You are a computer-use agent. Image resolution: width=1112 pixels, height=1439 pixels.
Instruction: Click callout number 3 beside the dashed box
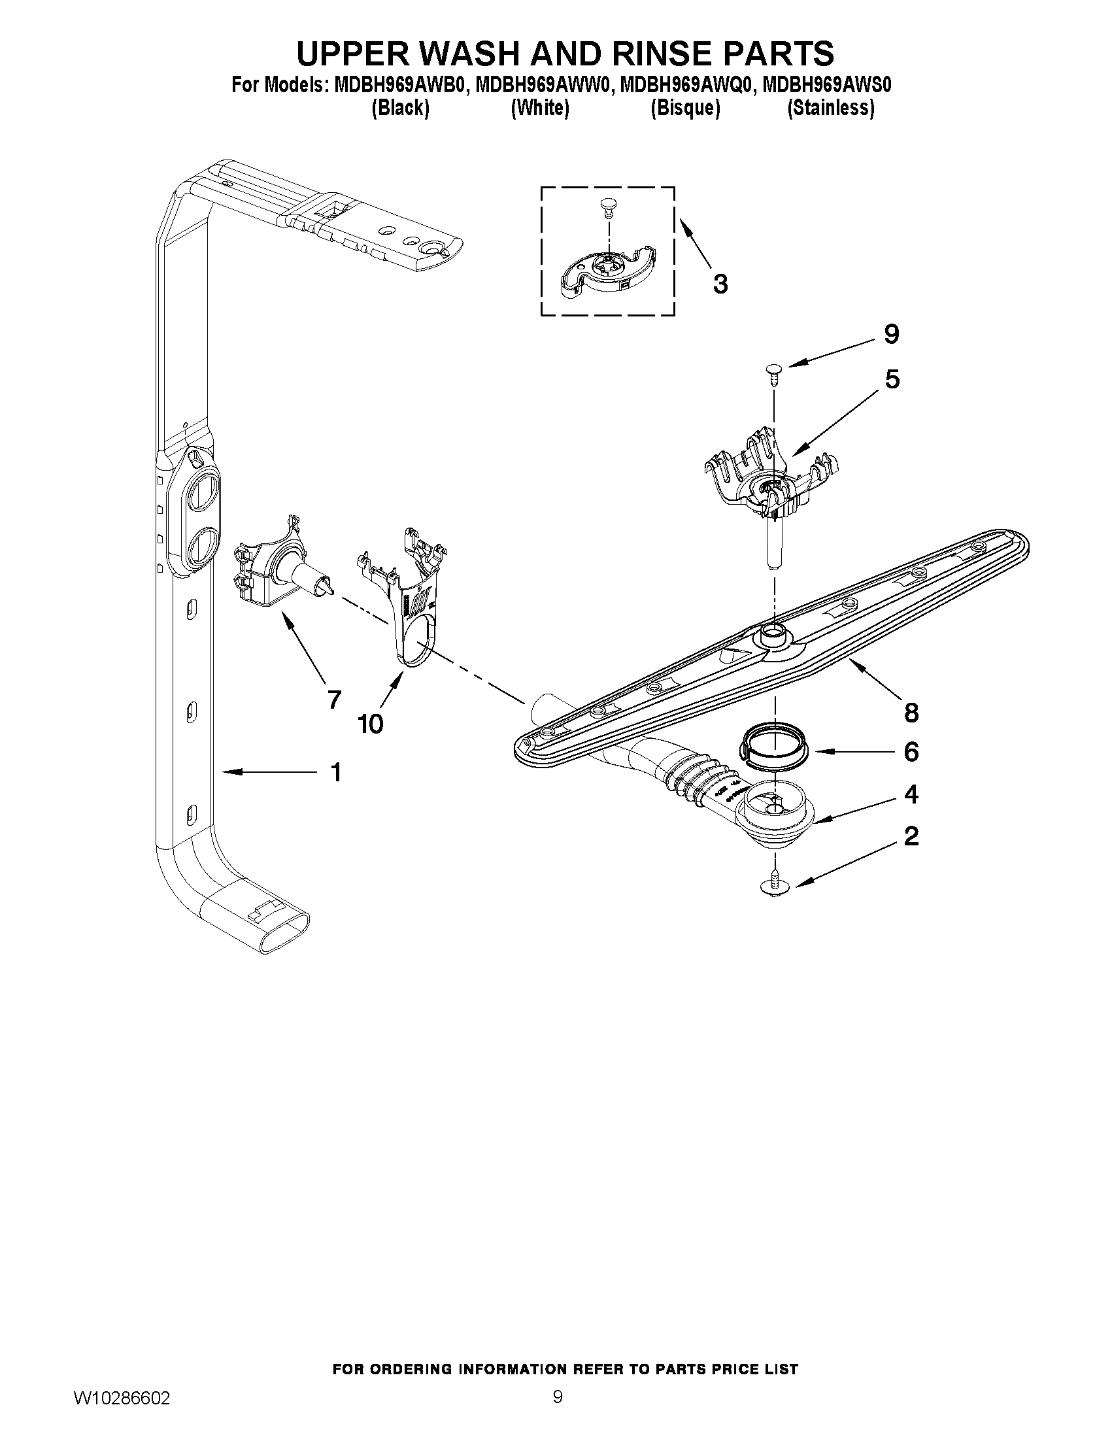click(720, 284)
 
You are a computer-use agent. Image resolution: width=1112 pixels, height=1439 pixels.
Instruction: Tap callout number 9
click(890, 335)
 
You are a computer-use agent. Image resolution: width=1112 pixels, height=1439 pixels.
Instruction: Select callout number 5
click(891, 379)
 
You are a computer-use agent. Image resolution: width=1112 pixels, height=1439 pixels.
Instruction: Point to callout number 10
click(370, 724)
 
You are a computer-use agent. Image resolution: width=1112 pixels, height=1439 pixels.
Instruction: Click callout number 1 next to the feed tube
click(336, 772)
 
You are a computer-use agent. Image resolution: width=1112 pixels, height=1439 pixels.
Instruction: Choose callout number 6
click(911, 752)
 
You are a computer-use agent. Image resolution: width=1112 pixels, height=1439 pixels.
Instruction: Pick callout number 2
click(911, 836)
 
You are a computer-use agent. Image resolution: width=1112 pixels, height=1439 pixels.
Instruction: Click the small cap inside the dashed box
click(607, 206)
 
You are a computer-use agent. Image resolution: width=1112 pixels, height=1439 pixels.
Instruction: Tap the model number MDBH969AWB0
click(399, 86)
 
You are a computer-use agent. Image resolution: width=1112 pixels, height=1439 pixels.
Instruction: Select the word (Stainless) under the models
click(831, 108)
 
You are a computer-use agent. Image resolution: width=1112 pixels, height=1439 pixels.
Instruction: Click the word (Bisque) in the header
click(685, 108)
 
